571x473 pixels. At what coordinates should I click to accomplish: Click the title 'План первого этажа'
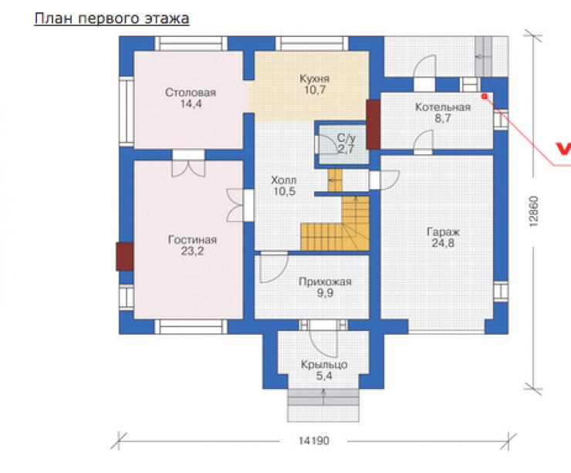click(x=112, y=19)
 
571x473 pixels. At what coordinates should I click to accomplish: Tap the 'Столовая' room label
click(x=191, y=93)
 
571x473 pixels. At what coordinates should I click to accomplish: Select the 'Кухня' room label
click(x=315, y=79)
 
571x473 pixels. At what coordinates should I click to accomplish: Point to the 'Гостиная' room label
click(x=192, y=240)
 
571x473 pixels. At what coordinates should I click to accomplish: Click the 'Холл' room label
click(x=284, y=180)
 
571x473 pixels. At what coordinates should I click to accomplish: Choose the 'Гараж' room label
click(x=443, y=232)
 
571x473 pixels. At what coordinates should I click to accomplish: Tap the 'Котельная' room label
click(x=443, y=107)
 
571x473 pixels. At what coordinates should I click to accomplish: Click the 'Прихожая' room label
click(x=325, y=282)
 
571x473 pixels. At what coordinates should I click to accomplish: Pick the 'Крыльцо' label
click(x=324, y=364)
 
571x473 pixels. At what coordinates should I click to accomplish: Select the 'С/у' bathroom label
click(x=346, y=137)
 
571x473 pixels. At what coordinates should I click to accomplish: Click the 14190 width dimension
click(x=314, y=441)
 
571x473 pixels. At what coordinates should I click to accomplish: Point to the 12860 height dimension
click(x=533, y=212)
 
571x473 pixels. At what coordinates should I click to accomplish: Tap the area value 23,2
click(x=192, y=251)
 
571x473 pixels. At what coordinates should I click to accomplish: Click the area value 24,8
click(x=443, y=243)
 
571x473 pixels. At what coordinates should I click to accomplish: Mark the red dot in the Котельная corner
click(x=485, y=96)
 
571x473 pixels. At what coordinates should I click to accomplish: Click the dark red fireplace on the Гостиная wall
click(x=124, y=257)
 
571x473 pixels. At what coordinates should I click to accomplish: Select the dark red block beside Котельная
click(x=373, y=124)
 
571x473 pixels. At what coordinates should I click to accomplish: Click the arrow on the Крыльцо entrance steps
click(x=323, y=397)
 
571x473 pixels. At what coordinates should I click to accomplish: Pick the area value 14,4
click(x=191, y=103)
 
